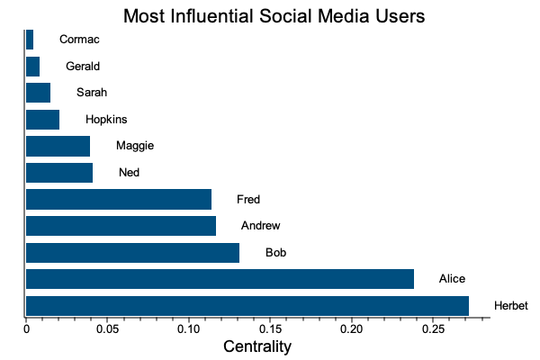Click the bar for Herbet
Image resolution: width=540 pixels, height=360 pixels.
[x=247, y=306]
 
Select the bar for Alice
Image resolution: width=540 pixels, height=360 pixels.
[x=220, y=279]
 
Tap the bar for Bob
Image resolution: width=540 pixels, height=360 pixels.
[x=132, y=253]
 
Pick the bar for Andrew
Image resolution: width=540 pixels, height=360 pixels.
[x=121, y=226]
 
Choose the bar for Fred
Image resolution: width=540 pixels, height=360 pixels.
[x=119, y=199]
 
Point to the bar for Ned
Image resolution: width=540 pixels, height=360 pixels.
[x=59, y=173]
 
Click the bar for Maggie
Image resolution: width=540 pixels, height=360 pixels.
[x=58, y=146]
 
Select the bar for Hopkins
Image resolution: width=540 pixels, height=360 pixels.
[x=42, y=120]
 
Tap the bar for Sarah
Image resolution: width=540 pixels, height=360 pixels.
[x=38, y=93]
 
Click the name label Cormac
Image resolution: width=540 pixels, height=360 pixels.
[x=79, y=39]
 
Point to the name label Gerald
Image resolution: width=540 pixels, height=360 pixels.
[x=83, y=66]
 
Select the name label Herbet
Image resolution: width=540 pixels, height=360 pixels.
[x=510, y=306]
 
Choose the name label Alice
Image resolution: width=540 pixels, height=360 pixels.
[x=452, y=279]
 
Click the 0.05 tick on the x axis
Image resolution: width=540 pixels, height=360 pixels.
[x=107, y=329]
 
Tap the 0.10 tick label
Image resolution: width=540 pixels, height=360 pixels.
[x=189, y=329]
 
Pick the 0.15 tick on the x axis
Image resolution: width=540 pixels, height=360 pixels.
[x=270, y=329]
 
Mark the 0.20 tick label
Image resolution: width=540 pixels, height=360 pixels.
[x=351, y=329]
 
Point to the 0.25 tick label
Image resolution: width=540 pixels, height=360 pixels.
[x=433, y=329]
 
